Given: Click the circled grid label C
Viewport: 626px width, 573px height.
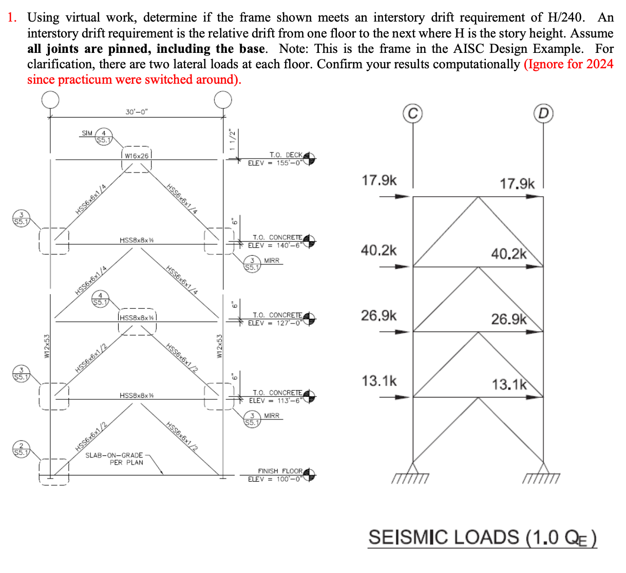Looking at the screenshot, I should click(413, 113).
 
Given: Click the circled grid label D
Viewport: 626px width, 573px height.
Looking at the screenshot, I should click(543, 113).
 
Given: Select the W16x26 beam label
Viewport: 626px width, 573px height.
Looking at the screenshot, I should click(137, 156).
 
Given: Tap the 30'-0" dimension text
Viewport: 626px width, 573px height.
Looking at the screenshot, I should click(137, 112).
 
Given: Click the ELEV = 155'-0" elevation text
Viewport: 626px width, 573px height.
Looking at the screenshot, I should click(275, 163).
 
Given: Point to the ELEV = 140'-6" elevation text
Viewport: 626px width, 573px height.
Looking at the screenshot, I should click(275, 245).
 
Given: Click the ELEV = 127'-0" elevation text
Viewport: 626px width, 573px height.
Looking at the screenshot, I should click(275, 323).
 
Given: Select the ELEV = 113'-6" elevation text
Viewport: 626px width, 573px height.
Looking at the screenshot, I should click(275, 400).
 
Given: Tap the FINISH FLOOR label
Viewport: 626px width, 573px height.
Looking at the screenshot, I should click(280, 471).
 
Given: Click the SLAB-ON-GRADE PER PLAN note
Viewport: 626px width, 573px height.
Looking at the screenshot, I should click(115, 459).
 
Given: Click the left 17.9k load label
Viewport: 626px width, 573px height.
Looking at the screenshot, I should click(379, 180).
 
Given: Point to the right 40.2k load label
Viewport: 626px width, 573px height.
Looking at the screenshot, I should click(508, 254).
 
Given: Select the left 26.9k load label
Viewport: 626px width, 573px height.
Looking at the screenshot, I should click(378, 315).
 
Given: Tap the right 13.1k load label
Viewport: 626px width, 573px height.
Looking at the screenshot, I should click(509, 384).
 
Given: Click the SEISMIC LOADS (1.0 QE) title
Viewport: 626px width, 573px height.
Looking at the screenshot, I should click(482, 538).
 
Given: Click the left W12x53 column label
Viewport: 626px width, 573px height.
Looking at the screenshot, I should click(46, 346).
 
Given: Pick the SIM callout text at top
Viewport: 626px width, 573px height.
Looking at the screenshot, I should click(87, 133).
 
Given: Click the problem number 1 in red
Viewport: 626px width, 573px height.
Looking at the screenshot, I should click(11, 17).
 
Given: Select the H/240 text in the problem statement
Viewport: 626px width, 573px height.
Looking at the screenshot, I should click(565, 17).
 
